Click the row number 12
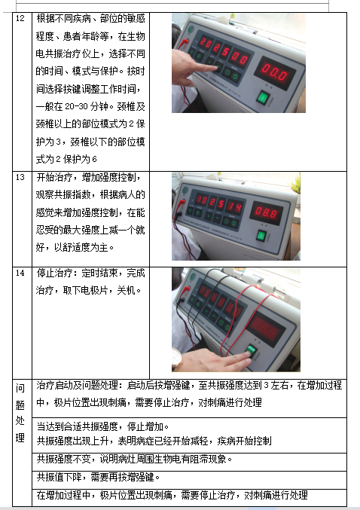(20, 18)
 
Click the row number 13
(20, 177)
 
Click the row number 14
(20, 273)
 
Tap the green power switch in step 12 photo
(263, 97)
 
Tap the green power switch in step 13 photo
(261, 235)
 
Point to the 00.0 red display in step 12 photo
(275, 72)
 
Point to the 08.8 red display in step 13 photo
(267, 213)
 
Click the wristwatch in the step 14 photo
(177, 358)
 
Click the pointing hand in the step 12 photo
(192, 67)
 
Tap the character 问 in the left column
(20, 388)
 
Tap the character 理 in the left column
(20, 438)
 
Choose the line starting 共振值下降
(98, 477)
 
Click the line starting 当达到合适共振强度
(102, 426)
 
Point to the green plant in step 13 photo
(296, 185)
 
